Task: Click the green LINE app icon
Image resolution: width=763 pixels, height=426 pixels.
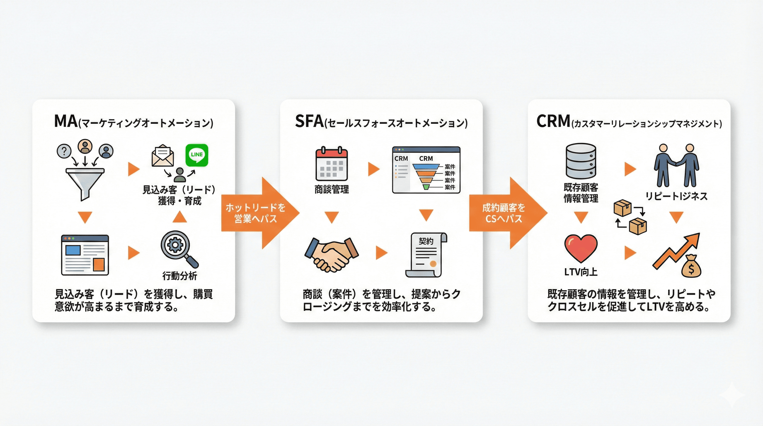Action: pos(197,155)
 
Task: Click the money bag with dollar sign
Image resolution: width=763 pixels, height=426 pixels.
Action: pos(691,267)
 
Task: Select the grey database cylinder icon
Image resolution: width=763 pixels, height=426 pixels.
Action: pos(581,161)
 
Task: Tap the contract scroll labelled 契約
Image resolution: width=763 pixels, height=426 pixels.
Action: pos(426,255)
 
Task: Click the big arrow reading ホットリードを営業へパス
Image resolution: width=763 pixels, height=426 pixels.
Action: pos(258,213)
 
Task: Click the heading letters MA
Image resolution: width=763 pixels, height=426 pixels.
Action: pos(66,121)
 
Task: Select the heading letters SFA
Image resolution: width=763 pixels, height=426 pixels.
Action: pos(309,121)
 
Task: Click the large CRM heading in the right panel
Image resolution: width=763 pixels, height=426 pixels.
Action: pos(553,121)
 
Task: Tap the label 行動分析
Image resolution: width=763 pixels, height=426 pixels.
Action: pos(179,276)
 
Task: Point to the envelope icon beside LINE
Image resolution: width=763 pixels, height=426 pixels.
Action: pos(163,156)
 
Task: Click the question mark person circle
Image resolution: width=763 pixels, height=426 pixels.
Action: pos(64,151)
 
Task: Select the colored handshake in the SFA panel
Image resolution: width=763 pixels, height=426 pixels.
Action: pos(331,254)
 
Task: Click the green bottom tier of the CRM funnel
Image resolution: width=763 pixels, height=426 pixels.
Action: pos(426,187)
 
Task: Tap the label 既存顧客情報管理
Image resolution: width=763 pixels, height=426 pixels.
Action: pos(581,193)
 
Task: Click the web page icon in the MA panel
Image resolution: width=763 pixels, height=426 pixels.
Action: pos(85,255)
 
